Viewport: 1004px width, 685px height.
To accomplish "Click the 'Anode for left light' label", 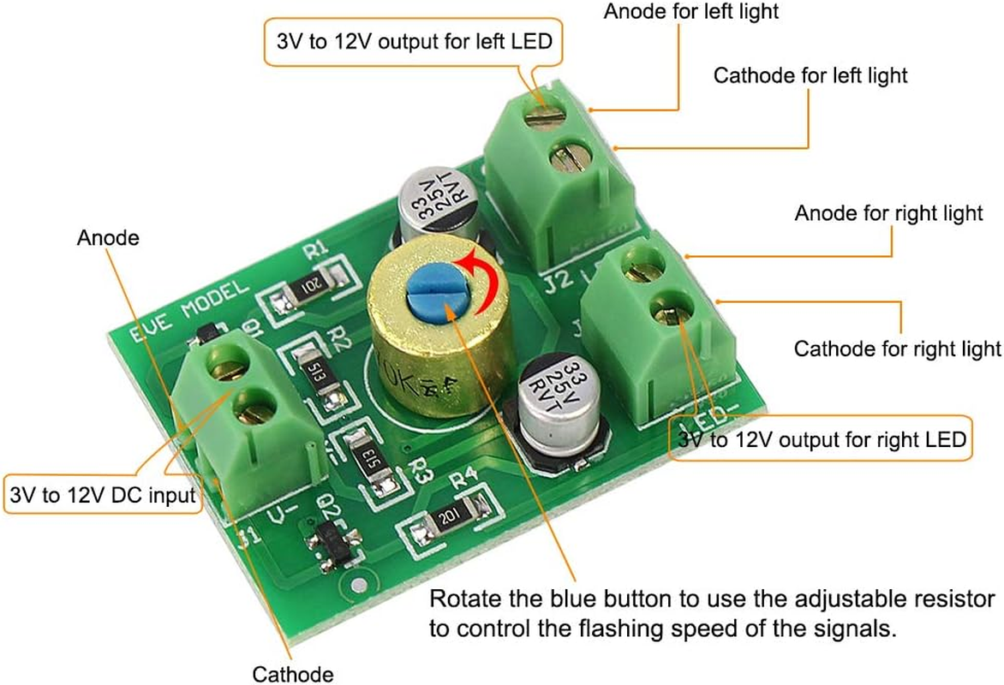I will [691, 12].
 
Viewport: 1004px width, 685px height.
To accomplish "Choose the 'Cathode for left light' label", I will [810, 75].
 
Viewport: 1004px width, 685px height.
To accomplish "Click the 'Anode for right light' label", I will [888, 212].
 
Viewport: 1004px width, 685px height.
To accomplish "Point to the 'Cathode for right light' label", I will [897, 348].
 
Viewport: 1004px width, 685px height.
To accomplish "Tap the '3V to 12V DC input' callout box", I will [103, 494].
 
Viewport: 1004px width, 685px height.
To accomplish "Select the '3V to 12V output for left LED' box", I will [414, 42].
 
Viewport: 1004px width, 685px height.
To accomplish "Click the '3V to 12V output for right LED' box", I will [822, 439].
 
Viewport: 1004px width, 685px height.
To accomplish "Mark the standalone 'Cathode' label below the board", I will [292, 674].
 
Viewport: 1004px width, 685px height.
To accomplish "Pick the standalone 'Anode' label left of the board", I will [108, 237].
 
